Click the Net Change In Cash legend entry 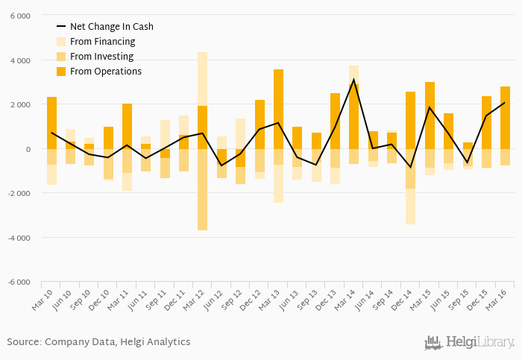tap(112, 27)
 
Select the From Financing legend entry tap(102, 42)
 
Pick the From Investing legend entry tap(101, 57)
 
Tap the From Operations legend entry tap(105, 72)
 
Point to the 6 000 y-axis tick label tap(20, 16)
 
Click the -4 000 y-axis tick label tap(19, 238)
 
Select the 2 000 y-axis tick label tap(20, 104)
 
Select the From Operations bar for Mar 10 tap(51, 123)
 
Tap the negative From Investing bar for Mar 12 tap(202, 189)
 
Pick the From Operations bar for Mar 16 tap(505, 118)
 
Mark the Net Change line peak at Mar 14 tap(353, 80)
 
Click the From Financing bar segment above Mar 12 tap(202, 79)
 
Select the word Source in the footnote tap(23, 342)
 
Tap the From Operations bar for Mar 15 tap(430, 116)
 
